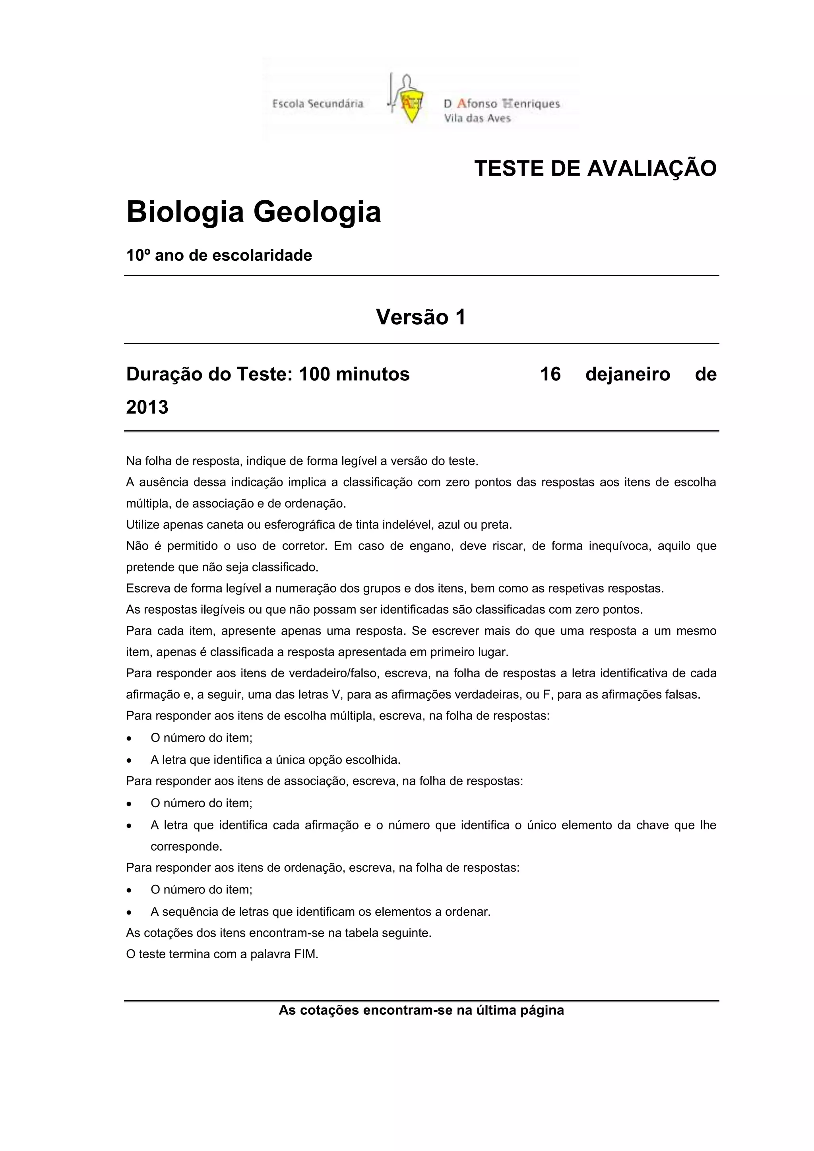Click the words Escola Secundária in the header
coord(317,104)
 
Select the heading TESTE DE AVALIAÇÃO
coord(595,169)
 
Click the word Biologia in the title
coord(185,212)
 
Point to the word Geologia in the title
coord(317,212)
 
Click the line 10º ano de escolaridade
coord(219,256)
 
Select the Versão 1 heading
coord(421,317)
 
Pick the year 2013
coord(147,407)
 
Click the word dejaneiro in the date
coord(628,374)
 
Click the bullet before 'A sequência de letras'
coord(130,912)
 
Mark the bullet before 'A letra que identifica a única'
coord(130,760)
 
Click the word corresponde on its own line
coord(186,847)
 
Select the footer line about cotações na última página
coord(421,1010)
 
